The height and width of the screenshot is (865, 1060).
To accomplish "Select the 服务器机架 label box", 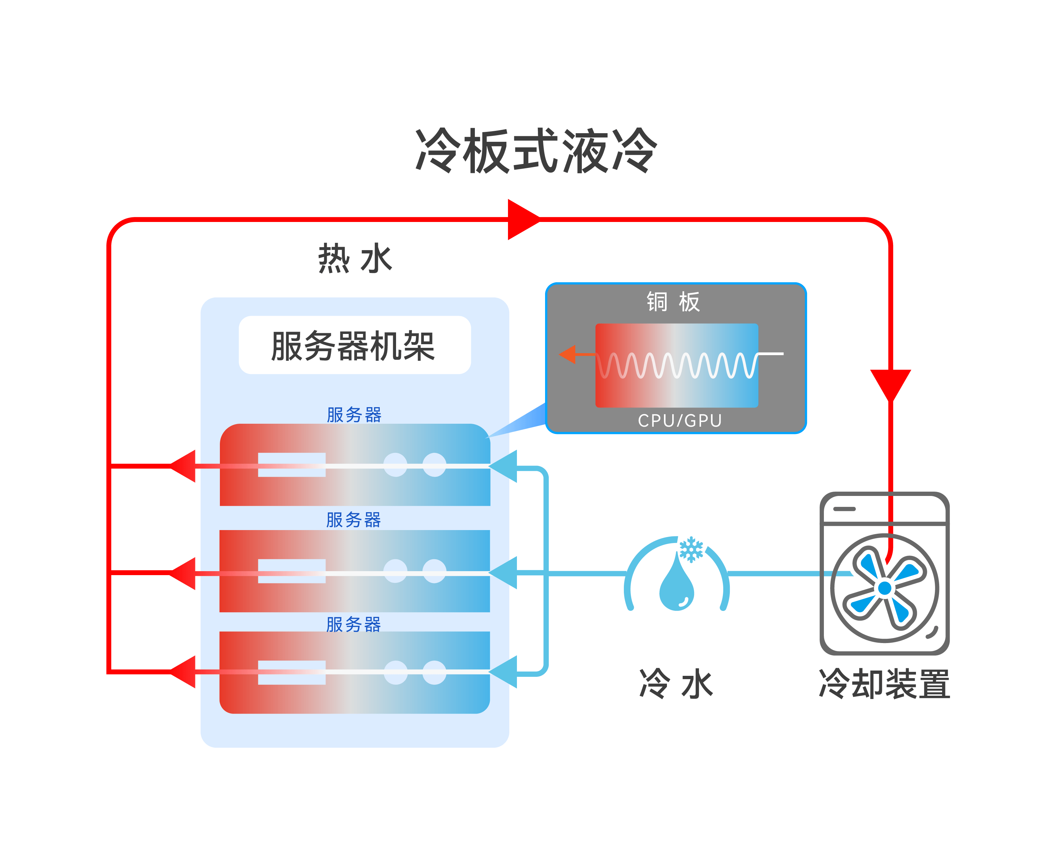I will coord(354,345).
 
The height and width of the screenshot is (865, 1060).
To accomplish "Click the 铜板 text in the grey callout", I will coord(674,302).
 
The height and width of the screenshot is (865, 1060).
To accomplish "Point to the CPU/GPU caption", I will coord(680,420).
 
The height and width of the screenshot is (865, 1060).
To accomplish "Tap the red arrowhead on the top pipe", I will coord(522,219).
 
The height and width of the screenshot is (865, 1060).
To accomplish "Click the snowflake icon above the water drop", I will coord(691,549).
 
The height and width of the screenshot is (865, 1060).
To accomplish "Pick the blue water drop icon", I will coord(677,583).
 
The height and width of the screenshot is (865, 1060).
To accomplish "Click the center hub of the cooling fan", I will coord(885,588).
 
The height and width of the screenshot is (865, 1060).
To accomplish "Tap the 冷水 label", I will coord(676,684).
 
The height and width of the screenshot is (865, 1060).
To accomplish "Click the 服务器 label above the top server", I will coord(354,414).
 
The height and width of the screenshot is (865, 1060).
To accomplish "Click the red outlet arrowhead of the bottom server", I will coord(184,672).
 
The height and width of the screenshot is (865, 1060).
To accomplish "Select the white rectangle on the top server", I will coord(292,465).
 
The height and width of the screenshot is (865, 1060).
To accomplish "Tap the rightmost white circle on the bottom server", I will coord(434,672).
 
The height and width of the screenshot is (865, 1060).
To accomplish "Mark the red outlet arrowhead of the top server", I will coord(184,466).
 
